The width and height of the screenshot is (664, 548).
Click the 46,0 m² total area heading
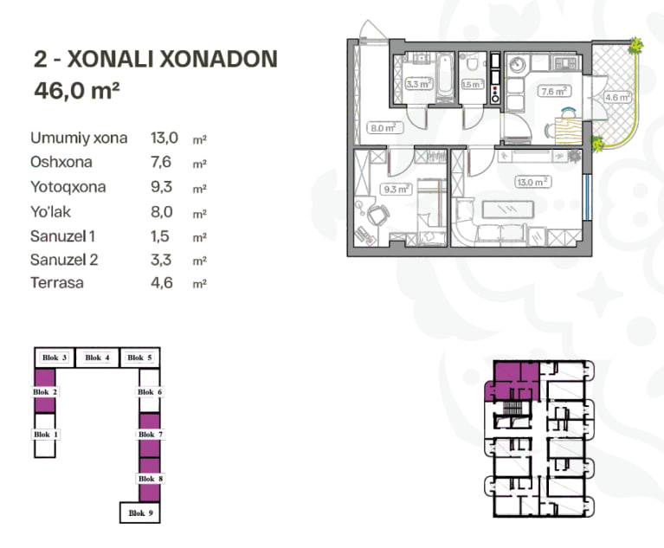tap(77, 90)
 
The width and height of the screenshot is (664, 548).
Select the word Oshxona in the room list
tap(61, 162)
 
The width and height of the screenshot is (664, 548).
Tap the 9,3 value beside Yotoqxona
tap(161, 187)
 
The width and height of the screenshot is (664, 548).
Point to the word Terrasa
tap(57, 282)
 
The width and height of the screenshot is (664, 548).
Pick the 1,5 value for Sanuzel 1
tap(160, 235)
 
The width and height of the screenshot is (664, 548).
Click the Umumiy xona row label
tap(79, 138)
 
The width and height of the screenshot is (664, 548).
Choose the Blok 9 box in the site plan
tap(140, 513)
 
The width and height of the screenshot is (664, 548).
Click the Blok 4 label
tap(97, 358)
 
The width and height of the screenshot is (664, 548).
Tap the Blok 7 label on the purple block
tap(151, 435)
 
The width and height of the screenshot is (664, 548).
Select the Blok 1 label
tap(45, 435)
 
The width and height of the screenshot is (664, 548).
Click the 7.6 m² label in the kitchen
tap(554, 91)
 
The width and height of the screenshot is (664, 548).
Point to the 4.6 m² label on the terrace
tap(617, 98)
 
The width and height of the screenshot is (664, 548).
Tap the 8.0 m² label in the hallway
tap(384, 127)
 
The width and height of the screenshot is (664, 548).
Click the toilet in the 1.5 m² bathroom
tap(473, 64)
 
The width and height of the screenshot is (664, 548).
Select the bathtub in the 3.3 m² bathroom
tap(445, 75)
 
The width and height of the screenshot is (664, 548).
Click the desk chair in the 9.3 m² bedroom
tap(378, 216)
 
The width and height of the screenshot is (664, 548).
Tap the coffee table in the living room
tap(508, 210)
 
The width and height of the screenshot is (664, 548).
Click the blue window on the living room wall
tap(587, 197)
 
